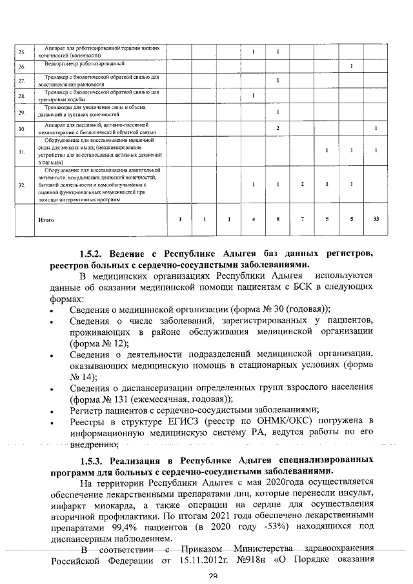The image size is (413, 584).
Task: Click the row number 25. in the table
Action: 21,52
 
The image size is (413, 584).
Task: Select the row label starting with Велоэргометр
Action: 81,65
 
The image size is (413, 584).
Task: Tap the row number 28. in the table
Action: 21,97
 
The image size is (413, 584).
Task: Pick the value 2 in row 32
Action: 302,185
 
